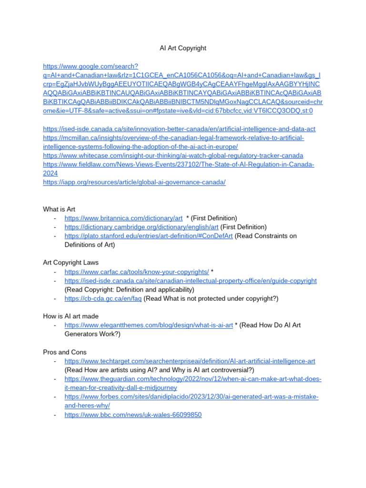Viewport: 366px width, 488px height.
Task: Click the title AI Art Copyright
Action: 183,48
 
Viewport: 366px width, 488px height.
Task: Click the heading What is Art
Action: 59,209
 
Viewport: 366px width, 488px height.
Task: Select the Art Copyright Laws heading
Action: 71,263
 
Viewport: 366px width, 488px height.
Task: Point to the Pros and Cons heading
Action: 65,352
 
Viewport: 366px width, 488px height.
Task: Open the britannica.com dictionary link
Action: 123,218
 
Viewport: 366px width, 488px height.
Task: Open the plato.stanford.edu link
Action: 149,236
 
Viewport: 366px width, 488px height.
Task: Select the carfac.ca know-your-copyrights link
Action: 136,272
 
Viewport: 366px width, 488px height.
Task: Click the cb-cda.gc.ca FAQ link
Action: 103,298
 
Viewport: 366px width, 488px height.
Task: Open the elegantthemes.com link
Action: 149,325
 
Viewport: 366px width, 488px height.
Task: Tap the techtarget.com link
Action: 190,361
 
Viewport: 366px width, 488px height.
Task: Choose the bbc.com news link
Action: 133,415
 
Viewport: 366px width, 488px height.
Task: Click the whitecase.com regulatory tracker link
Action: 173,156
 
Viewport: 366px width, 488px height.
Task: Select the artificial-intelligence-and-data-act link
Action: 179,129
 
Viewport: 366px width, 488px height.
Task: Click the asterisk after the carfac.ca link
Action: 212,272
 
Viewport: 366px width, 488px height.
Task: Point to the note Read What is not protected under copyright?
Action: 211,298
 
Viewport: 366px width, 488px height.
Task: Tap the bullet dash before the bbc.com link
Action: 55,415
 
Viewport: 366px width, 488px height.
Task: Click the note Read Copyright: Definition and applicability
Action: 129,289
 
